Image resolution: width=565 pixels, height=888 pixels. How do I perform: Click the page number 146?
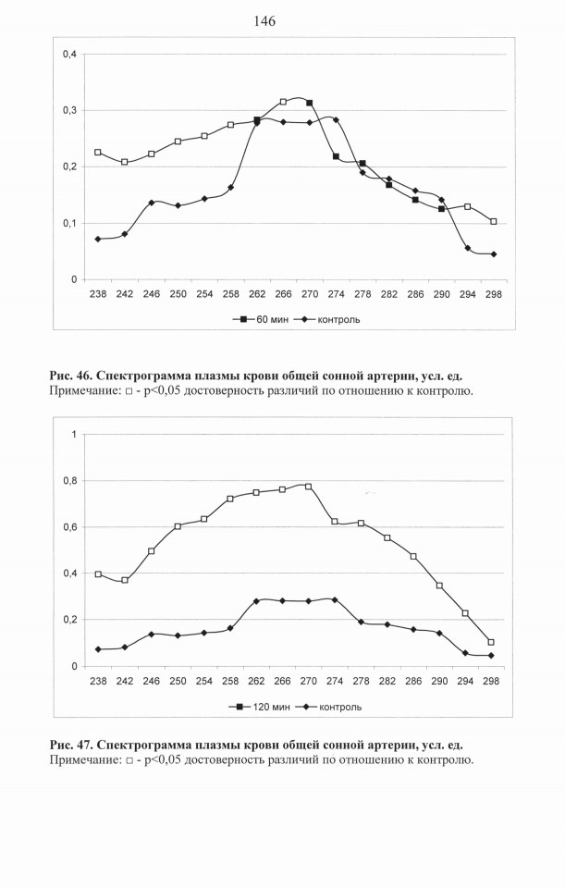point(264,21)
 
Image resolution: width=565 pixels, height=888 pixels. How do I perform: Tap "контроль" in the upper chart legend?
point(331,319)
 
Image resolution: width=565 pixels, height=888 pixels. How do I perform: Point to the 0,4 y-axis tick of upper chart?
point(69,55)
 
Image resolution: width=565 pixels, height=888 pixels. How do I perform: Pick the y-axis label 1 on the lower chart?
point(73,435)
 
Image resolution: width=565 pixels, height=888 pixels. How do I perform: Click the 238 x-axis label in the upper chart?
point(98,294)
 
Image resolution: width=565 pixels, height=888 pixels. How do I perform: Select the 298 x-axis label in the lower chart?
point(491,681)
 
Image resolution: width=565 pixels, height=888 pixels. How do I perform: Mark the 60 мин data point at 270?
point(309,103)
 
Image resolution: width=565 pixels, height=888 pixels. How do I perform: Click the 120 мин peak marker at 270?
point(308,487)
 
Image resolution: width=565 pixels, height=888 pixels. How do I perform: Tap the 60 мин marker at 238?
point(98,153)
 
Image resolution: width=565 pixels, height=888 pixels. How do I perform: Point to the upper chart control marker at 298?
point(493,254)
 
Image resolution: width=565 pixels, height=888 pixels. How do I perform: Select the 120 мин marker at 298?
point(491,642)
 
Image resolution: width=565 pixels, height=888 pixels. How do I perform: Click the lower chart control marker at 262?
point(256,601)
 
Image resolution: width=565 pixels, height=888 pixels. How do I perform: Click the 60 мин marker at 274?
point(336,156)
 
